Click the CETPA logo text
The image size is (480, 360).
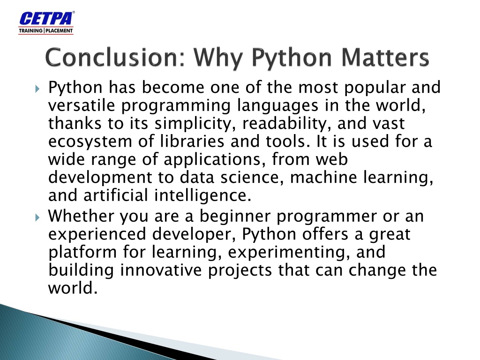click(46, 18)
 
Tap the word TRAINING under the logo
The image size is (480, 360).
click(30, 30)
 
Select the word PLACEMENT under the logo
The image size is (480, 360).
click(59, 30)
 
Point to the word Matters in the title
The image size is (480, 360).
click(385, 57)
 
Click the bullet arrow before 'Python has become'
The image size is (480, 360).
click(37, 89)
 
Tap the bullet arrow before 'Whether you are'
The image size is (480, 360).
click(37, 217)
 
